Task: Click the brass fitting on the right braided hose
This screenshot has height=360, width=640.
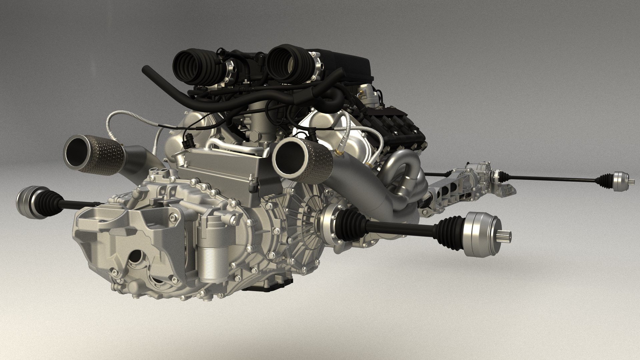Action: pyautogui.click(x=339, y=153)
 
